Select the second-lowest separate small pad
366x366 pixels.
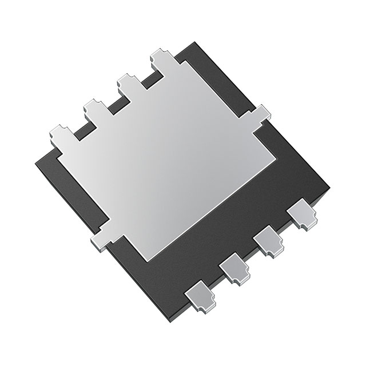click(234, 268)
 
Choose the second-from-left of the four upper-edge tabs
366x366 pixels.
click(94, 108)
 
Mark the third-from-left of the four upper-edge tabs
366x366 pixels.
click(128, 84)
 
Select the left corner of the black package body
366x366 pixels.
click(35, 159)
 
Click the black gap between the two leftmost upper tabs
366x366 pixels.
click(80, 129)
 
